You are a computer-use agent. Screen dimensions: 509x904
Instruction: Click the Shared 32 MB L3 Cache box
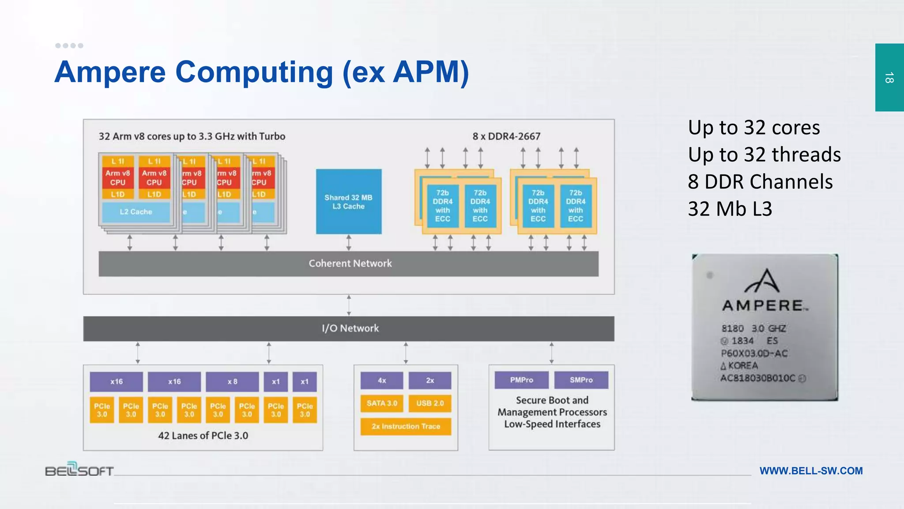point(348,201)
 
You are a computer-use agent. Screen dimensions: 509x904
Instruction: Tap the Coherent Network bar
point(348,264)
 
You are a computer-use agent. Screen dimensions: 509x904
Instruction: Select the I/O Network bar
point(348,328)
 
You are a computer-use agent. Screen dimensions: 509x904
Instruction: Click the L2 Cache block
point(136,212)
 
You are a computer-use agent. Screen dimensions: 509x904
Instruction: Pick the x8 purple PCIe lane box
point(232,382)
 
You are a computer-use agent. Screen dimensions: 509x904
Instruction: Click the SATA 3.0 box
point(382,403)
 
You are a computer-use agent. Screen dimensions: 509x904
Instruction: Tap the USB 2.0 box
point(430,403)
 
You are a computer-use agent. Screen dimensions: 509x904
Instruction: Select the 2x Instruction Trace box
point(406,426)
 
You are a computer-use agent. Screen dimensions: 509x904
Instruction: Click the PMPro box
point(521,380)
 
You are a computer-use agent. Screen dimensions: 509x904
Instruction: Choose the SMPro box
point(581,380)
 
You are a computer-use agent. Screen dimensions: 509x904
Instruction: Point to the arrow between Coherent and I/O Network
point(349,305)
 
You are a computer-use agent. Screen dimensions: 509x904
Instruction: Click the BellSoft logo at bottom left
point(79,469)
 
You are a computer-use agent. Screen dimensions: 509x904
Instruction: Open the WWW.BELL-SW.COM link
point(811,471)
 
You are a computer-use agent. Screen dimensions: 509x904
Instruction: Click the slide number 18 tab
point(889,77)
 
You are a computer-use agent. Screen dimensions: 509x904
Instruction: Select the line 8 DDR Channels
point(760,182)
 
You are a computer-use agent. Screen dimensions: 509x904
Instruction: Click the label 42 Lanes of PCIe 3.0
point(203,436)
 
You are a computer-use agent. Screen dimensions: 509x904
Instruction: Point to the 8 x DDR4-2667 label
point(506,137)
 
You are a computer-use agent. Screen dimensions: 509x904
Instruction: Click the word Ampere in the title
point(110,72)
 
